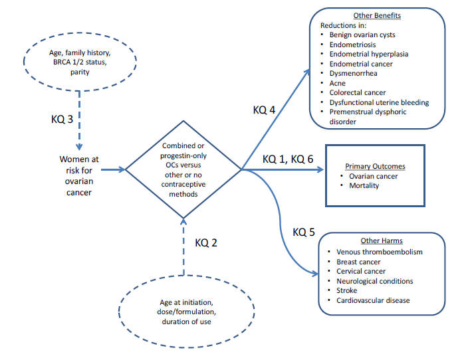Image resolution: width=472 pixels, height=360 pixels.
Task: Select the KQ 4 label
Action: point(265,109)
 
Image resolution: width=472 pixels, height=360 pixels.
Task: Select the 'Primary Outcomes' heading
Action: point(375,166)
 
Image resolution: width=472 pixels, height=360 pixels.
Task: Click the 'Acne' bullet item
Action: point(338,83)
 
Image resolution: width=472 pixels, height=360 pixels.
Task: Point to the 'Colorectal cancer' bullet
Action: point(358,93)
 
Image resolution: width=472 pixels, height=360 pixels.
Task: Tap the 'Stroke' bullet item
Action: point(346,290)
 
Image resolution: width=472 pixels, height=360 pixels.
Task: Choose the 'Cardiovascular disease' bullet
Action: point(373,300)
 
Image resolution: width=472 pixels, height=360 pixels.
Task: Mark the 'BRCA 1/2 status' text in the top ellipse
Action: point(80,62)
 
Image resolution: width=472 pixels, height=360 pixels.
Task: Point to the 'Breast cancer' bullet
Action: point(359,262)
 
